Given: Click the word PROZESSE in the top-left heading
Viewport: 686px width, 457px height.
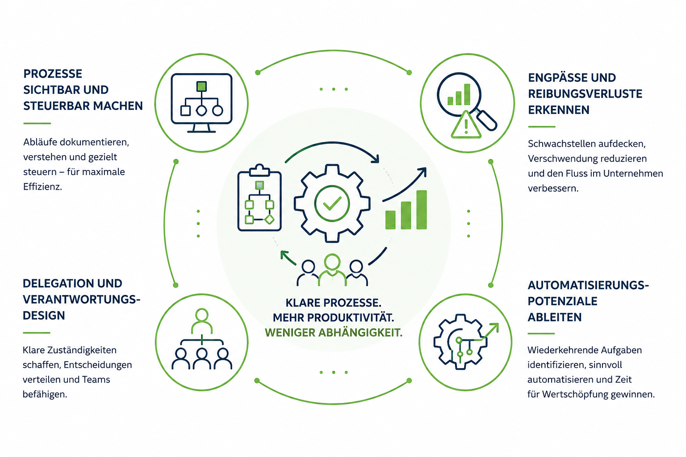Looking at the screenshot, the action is (x=53, y=74).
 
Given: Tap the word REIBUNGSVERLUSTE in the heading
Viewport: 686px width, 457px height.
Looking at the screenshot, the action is (x=585, y=94).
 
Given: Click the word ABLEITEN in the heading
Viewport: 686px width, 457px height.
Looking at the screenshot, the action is (x=554, y=317).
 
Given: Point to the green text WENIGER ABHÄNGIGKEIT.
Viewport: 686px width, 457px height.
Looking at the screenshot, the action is (x=334, y=332).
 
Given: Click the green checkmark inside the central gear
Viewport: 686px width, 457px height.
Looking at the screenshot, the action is (x=332, y=203).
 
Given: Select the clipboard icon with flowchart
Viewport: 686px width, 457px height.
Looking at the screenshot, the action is (x=259, y=197).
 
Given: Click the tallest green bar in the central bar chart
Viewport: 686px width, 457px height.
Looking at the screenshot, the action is (x=422, y=210).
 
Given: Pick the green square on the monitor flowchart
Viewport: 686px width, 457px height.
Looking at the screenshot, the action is (x=201, y=86).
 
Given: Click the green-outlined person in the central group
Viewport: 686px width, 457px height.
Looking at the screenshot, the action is (x=332, y=270).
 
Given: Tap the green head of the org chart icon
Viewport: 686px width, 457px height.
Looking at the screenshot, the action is (x=202, y=315).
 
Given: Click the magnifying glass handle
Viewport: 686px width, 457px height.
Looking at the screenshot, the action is (x=486, y=120).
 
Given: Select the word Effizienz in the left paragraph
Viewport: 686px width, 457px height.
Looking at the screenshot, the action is (x=42, y=187).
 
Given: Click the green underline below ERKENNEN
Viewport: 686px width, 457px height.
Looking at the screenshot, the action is (x=541, y=126).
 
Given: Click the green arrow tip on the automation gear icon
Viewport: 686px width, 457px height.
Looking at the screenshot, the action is (x=496, y=325).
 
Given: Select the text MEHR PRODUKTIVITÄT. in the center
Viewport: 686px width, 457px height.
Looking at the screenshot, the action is (x=334, y=317).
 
